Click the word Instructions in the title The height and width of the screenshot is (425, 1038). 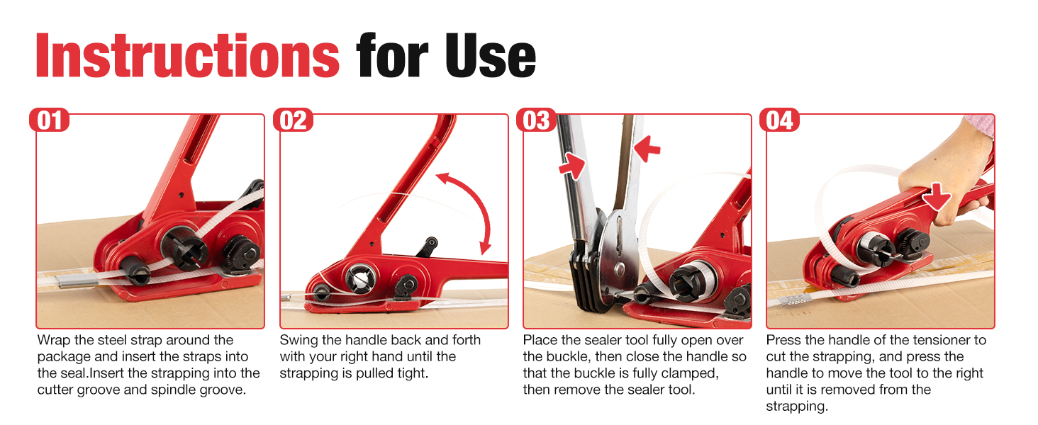coord(188,55)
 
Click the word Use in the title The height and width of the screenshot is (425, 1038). coord(490,55)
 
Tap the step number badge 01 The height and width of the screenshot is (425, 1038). coord(49,120)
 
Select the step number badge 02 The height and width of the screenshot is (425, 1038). coord(293,120)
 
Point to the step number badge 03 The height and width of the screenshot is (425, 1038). coord(536,120)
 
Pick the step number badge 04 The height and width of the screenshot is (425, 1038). coord(779,120)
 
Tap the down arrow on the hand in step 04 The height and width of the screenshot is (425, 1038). coord(936,196)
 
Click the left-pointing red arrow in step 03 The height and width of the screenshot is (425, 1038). coord(647,148)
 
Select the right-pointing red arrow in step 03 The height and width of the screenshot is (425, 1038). coord(572,166)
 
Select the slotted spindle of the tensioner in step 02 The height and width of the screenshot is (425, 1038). coord(359,278)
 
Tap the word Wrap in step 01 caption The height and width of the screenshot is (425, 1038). coord(54,341)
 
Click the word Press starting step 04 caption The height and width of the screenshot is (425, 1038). coord(783,340)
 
